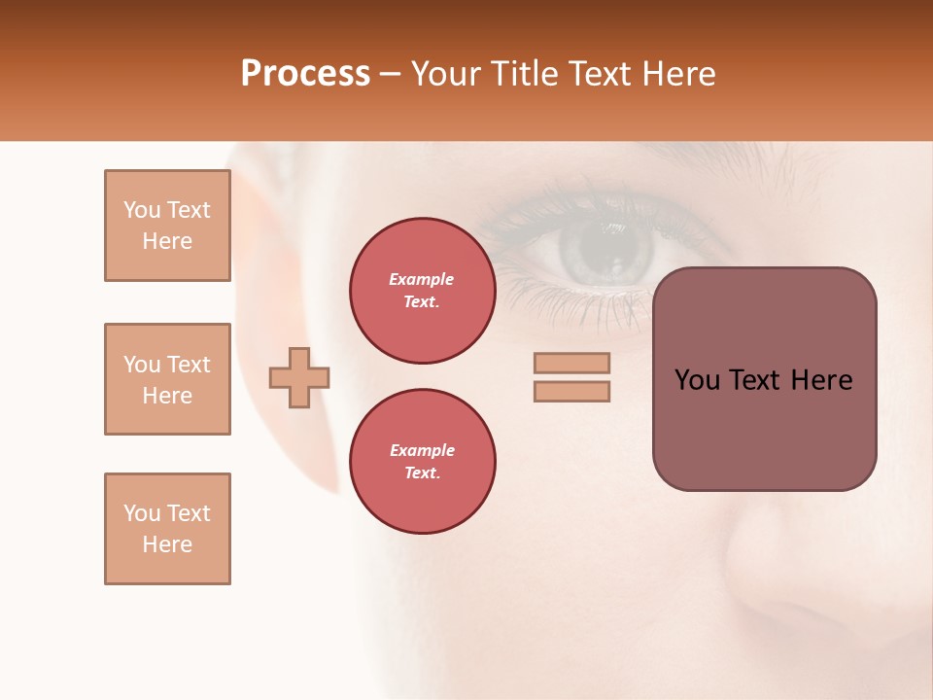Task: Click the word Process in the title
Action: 305,74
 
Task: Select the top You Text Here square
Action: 167,226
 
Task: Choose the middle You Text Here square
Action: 167,379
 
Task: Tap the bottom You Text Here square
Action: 167,529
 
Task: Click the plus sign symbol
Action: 299,377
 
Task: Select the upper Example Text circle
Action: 423,291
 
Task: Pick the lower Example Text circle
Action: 423,462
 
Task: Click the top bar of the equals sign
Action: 571,364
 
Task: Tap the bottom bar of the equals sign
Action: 571,392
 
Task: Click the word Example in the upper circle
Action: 422,279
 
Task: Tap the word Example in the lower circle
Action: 422,450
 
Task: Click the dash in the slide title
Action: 390,75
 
